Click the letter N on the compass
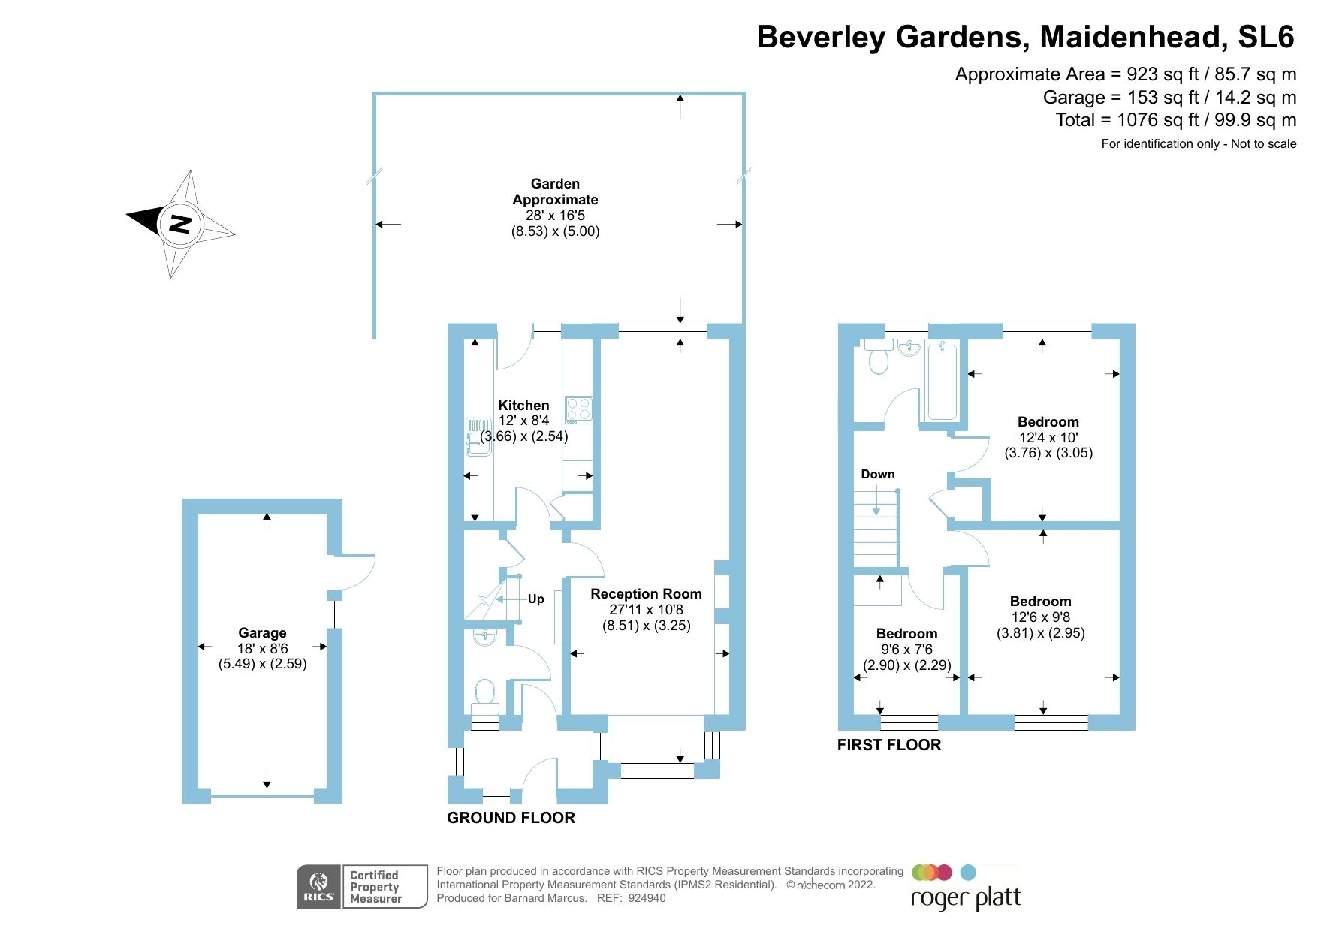[180, 223]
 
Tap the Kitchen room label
[523, 406]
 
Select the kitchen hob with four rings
[578, 409]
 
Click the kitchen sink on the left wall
[477, 437]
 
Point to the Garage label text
[262, 633]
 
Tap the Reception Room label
[646, 594]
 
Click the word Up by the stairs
[535, 599]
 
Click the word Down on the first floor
[877, 475]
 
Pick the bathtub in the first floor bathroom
[942, 381]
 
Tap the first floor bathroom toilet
[878, 360]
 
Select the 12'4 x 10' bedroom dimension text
[1048, 438]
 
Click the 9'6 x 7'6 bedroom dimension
[906, 650]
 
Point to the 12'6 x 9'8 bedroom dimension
[1040, 617]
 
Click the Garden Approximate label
[555, 192]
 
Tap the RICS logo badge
[318, 887]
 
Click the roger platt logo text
[966, 898]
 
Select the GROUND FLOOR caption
[511, 818]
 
